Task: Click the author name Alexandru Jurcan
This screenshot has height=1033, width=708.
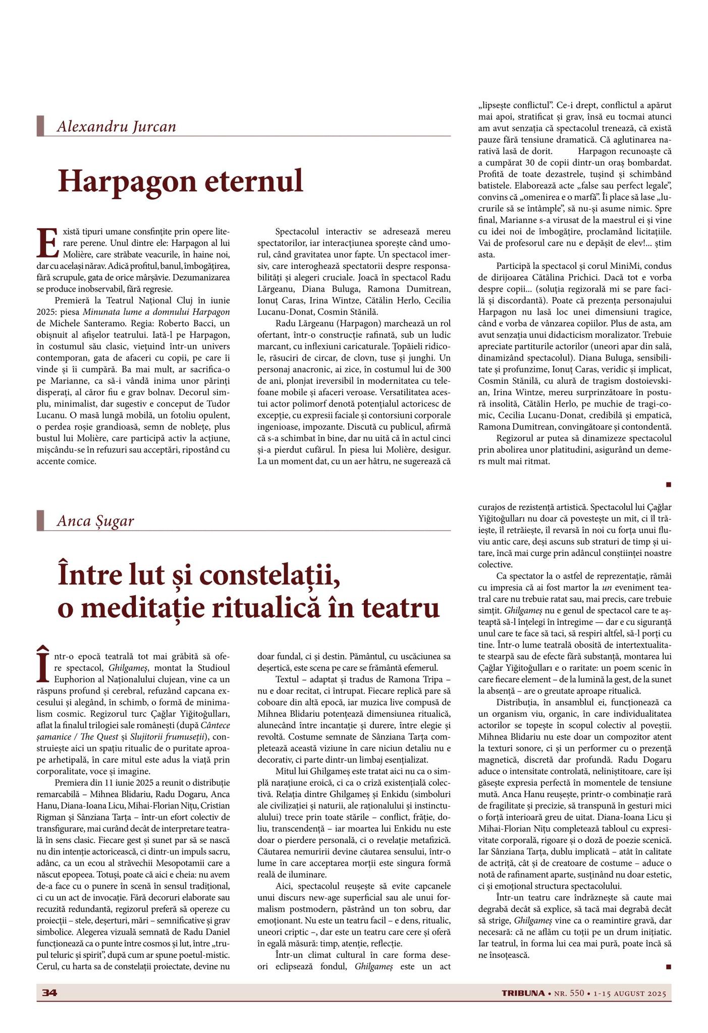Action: click(x=117, y=126)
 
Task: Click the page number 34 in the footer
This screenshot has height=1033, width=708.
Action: click(x=50, y=993)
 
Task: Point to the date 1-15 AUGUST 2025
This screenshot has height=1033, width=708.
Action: click(x=630, y=994)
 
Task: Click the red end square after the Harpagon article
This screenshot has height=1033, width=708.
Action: click(x=668, y=485)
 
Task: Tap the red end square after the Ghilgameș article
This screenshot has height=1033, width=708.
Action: click(x=668, y=966)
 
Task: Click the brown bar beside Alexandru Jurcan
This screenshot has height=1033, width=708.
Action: click(x=41, y=126)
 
